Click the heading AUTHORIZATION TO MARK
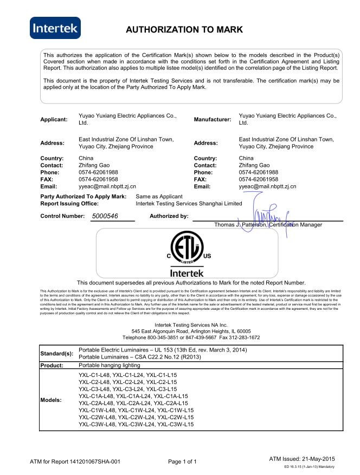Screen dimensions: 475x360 (184, 30)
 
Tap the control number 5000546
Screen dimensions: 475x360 (105, 217)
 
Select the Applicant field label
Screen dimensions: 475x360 (54, 119)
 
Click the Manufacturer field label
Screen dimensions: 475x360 (212, 119)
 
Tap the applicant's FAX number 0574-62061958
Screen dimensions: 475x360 (98, 179)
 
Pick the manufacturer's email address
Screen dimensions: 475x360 (267, 186)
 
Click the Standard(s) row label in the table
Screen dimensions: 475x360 (57, 354)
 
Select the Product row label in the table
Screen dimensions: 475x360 (53, 366)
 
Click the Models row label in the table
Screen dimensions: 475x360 (52, 400)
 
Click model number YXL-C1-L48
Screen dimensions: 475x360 (94, 375)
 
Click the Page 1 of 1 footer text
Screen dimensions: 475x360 (182, 462)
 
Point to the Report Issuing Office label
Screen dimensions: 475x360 (69, 203)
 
